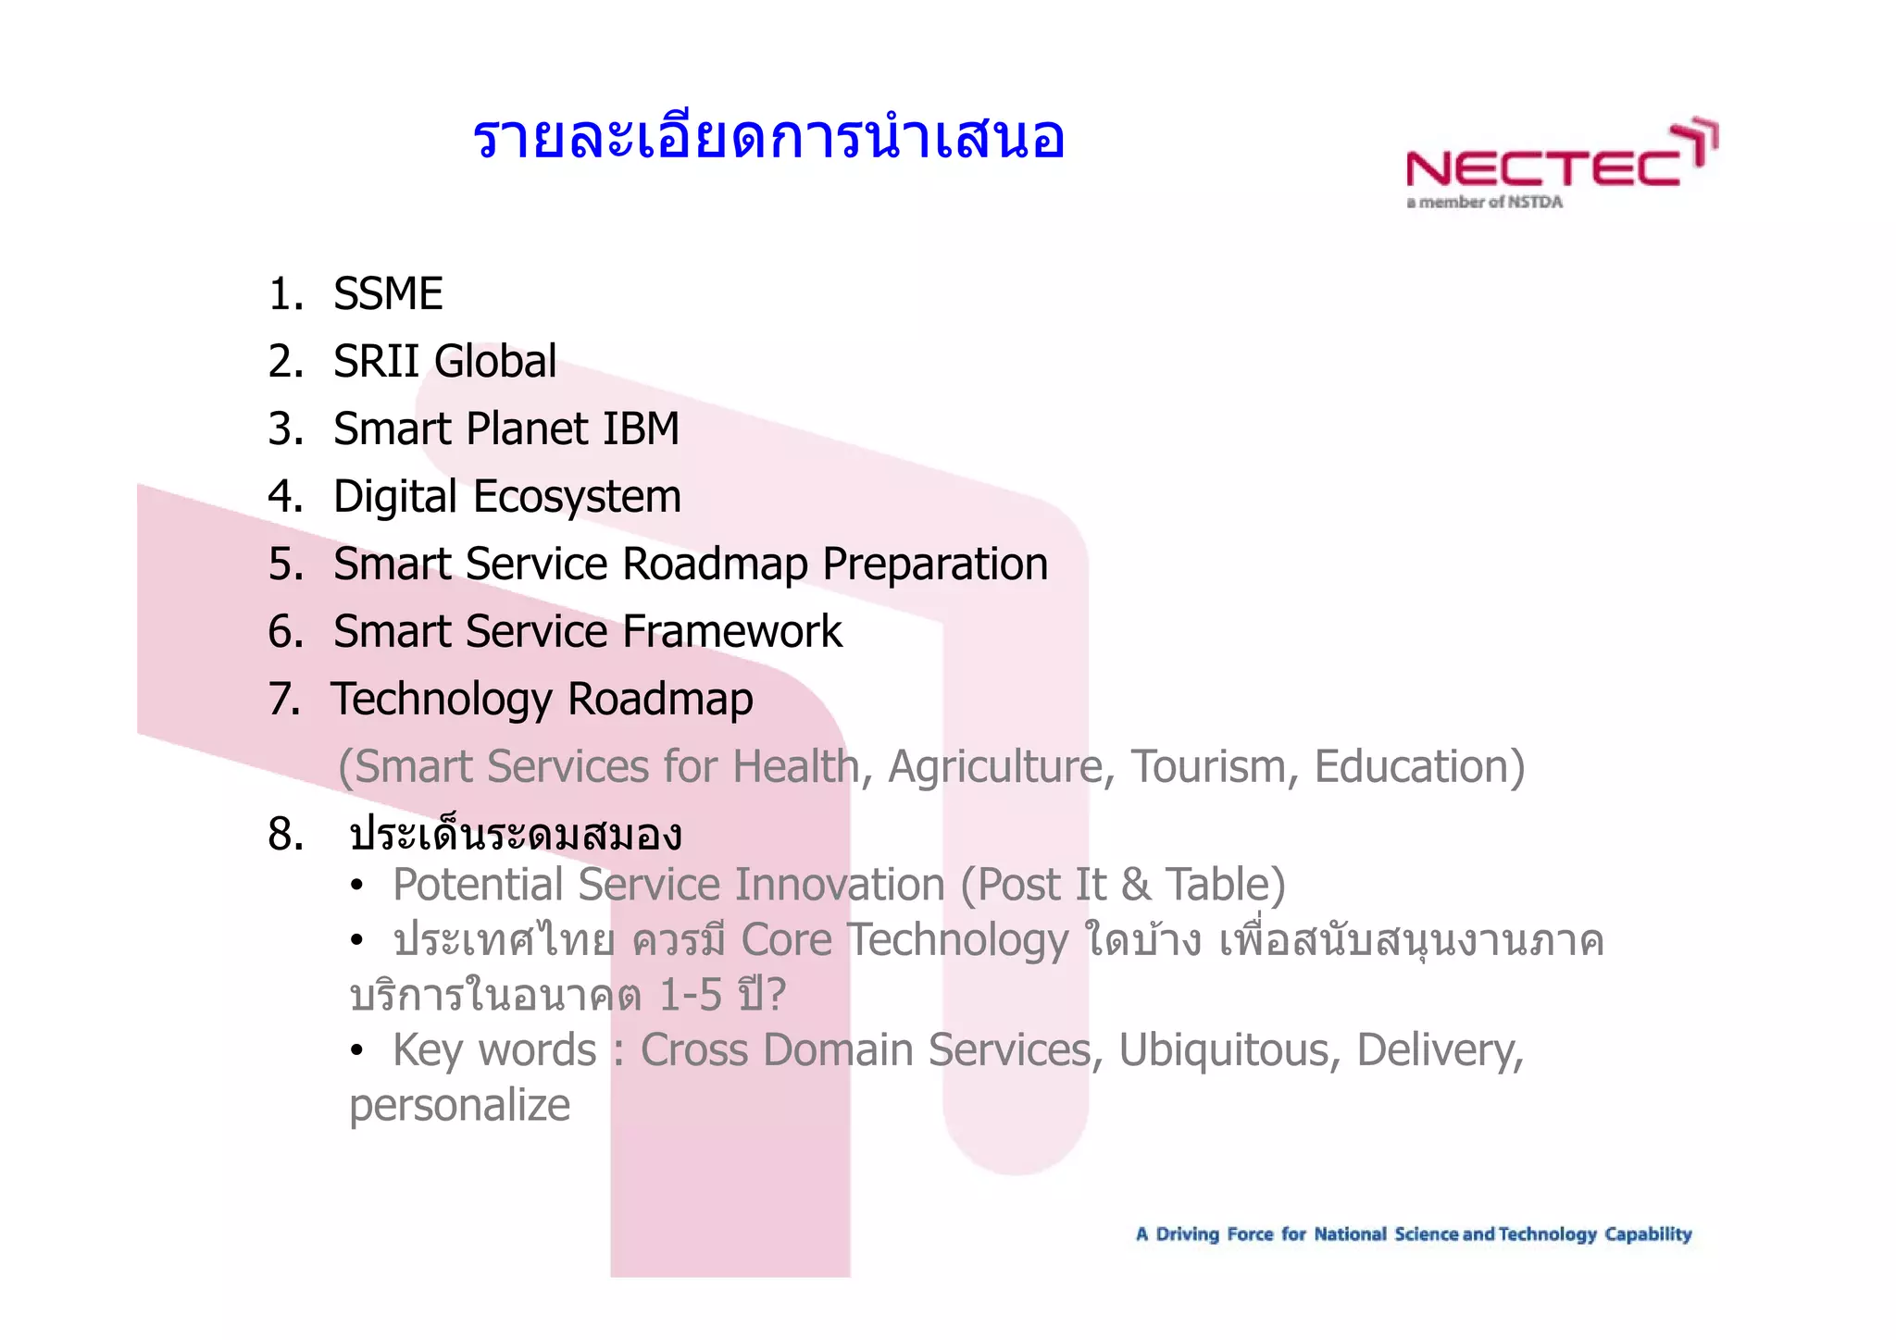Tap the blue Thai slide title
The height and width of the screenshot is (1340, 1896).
768,139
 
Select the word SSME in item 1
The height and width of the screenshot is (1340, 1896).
388,294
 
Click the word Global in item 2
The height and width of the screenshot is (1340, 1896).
496,361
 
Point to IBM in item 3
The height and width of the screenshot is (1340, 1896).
641,428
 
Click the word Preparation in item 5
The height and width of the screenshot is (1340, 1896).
935,565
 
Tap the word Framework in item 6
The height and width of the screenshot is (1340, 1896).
732,632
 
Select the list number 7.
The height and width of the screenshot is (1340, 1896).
283,700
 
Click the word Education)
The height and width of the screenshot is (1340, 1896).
1419,767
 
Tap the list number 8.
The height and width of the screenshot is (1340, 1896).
285,835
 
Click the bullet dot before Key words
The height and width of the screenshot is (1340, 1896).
356,1051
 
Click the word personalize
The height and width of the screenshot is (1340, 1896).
459,1106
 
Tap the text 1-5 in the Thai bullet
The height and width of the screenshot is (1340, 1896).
690,996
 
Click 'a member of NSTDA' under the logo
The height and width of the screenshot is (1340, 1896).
1484,203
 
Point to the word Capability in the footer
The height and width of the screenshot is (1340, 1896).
1648,1235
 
